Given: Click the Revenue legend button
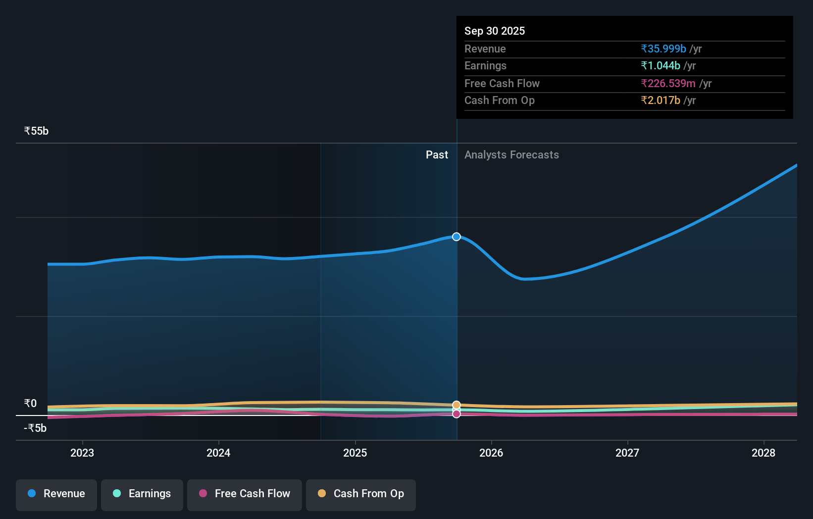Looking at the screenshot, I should coord(56,494).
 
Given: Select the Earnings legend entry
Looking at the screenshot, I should coord(142,494).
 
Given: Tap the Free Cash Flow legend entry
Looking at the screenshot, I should coord(245,494).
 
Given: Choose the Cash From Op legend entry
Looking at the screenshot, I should coord(361,494).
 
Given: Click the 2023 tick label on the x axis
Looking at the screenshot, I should coord(82,453).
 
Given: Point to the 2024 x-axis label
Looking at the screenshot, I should coord(218,453).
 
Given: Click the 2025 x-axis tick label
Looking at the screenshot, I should coord(355,453).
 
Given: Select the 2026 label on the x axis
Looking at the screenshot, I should coord(491,453).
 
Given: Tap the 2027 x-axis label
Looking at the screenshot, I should coord(627,453).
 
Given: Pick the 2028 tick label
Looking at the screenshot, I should coord(763,453).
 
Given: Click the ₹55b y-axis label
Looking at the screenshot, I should coord(36,131).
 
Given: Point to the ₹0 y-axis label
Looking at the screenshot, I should coord(30,404).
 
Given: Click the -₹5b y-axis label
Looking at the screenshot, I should coord(35,428).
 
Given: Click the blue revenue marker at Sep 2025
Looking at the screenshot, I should coord(457,237).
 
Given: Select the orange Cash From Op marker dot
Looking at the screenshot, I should coord(457,405).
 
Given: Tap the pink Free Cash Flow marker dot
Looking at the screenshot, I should coord(457,414).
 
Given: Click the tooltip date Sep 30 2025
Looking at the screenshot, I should coord(495,31).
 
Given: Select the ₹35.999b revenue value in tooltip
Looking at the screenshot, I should coord(663,49).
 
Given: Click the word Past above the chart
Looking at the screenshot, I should coord(437,155).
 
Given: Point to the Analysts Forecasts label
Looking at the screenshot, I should coord(511,155).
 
